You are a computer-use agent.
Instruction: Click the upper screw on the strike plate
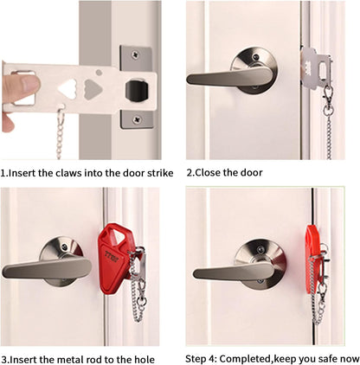click(135, 54)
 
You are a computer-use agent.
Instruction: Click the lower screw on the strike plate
click(137, 118)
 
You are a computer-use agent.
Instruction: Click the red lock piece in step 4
click(312, 259)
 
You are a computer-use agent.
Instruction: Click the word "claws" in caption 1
click(68, 173)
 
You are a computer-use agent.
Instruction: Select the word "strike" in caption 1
click(160, 173)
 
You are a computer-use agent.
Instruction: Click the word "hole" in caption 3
click(145, 360)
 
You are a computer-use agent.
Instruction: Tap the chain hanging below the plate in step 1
click(60, 134)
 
